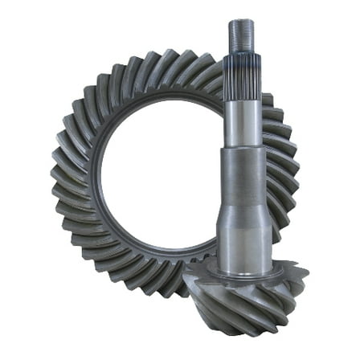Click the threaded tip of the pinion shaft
point(241,34)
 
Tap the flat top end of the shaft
point(241,22)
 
